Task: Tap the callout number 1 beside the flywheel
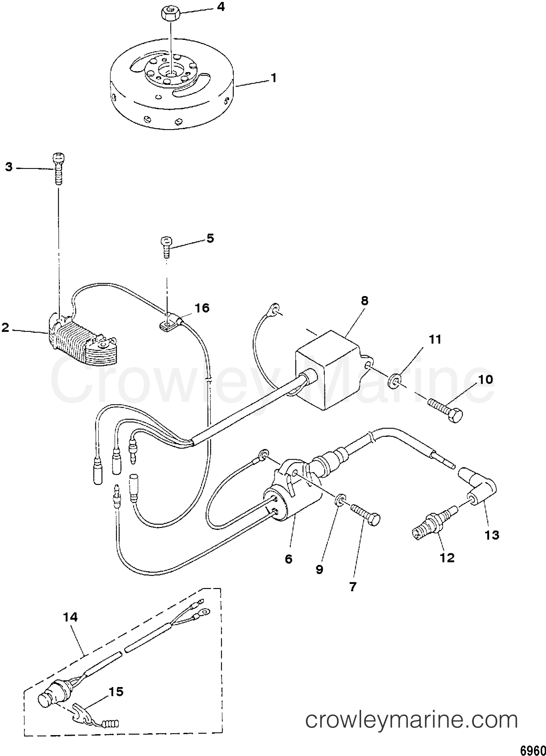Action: [x=273, y=79]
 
